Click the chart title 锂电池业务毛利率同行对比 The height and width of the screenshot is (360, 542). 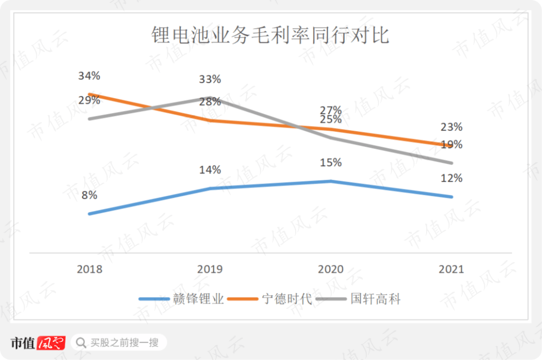[270, 36]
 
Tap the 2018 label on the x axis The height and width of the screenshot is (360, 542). [89, 269]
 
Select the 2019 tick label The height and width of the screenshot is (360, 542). [210, 269]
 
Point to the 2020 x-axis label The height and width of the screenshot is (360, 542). [331, 269]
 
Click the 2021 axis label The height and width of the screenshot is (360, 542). [451, 269]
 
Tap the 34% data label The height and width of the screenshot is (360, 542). [89, 76]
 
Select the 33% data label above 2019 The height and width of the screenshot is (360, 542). [210, 79]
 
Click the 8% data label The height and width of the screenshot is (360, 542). [89, 195]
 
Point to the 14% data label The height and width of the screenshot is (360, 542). [210, 170]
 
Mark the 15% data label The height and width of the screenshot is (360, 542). [331, 163]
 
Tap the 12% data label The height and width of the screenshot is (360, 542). [451, 178]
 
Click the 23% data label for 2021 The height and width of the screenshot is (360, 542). [451, 127]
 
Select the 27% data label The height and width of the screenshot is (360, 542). [331, 109]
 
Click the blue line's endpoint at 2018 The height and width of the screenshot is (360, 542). [89, 214]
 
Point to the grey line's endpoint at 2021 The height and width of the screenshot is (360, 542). [452, 163]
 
